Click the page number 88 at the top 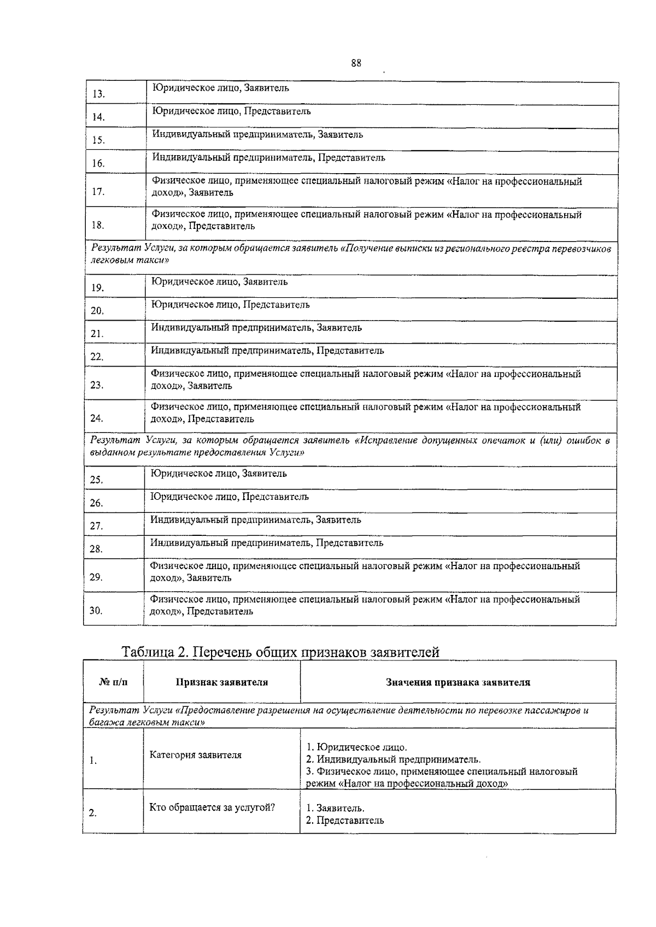356,62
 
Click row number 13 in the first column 98,94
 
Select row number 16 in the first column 98,163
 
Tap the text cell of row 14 231,111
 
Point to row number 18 98,225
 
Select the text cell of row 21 256,328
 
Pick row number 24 97,418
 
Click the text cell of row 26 230,497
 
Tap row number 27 96,526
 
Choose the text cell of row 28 267,543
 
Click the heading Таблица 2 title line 280,652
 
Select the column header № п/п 113,682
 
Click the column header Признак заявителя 221,682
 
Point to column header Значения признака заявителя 458,682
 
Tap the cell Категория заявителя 195,755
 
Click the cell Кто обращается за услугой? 212,808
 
